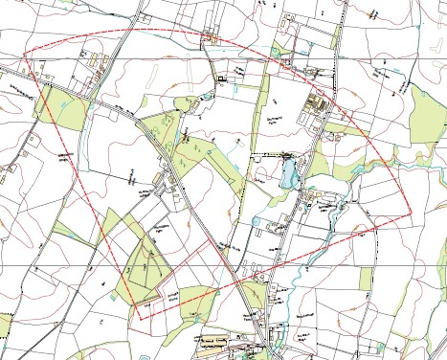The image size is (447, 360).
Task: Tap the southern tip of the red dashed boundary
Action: click(141, 318)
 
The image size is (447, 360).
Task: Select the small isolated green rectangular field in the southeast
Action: click(366, 278)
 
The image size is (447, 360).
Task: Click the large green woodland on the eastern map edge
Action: click(427, 115)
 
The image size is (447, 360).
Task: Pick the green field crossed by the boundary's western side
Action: click(56, 108)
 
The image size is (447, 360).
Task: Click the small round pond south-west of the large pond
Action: click(257, 220)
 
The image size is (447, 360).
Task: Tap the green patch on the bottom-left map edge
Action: click(5, 326)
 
